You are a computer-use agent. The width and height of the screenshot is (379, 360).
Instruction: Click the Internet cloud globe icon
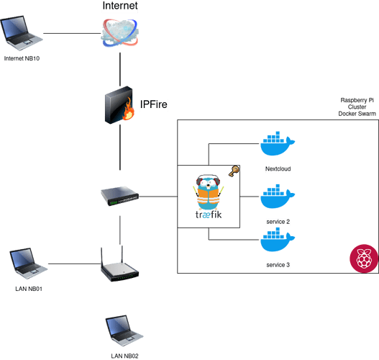pyautogui.click(x=120, y=33)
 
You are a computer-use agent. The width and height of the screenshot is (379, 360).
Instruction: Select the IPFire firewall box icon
pyautogui.click(x=119, y=105)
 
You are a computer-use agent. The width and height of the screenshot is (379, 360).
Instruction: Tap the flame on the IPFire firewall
pyautogui.click(x=128, y=109)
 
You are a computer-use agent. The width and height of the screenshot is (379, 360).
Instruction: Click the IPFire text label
pyautogui.click(x=154, y=104)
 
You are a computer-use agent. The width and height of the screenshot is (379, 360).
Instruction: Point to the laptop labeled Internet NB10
pyautogui.click(x=22, y=33)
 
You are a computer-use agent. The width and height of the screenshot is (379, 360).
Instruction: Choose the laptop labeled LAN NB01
pyautogui.click(x=29, y=264)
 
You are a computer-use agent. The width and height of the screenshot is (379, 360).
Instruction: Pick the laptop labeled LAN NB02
pyautogui.click(x=124, y=330)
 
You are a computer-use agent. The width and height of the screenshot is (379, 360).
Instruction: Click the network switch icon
pyautogui.click(x=119, y=196)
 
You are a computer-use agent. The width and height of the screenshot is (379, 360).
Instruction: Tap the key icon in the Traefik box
pyautogui.click(x=234, y=171)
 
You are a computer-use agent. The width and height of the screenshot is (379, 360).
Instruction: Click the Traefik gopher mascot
pyautogui.click(x=209, y=192)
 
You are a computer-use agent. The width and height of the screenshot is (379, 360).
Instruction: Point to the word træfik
pyautogui.click(x=209, y=215)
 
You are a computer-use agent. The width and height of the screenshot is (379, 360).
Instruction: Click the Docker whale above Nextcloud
pyautogui.click(x=278, y=143)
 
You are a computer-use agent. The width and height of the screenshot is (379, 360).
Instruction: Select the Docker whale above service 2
pyautogui.click(x=278, y=197)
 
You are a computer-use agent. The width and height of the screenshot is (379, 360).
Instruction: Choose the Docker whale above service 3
pyautogui.click(x=278, y=240)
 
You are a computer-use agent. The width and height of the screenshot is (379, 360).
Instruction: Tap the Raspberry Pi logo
pyautogui.click(x=364, y=258)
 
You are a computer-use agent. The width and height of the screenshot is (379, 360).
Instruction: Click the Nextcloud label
pyautogui.click(x=278, y=169)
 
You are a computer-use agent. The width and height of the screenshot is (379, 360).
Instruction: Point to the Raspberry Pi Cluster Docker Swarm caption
pyautogui.click(x=357, y=107)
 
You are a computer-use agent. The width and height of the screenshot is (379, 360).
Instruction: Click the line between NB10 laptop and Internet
pyautogui.click(x=72, y=33)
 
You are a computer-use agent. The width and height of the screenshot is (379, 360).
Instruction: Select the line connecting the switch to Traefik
pyautogui.click(x=158, y=197)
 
